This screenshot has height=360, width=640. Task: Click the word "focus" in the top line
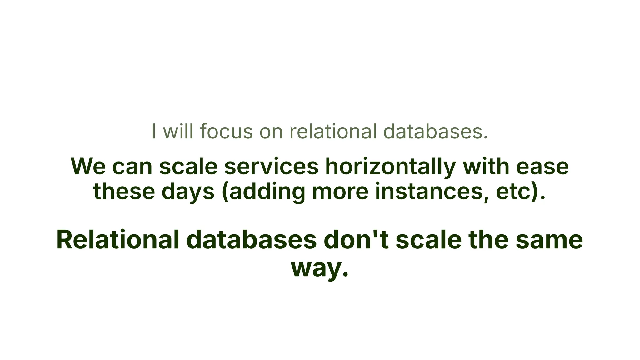226,131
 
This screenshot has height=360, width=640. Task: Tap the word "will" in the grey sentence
178,131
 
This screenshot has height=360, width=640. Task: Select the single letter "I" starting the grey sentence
153,131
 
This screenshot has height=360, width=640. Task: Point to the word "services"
271,166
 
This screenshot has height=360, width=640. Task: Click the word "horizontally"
390,166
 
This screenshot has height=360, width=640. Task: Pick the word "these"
124,191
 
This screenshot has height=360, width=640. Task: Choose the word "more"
340,191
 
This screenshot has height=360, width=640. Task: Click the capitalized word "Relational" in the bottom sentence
118,240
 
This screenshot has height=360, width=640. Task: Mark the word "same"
549,240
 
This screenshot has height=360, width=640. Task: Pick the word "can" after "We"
132,166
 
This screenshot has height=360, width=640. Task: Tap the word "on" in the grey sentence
271,131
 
